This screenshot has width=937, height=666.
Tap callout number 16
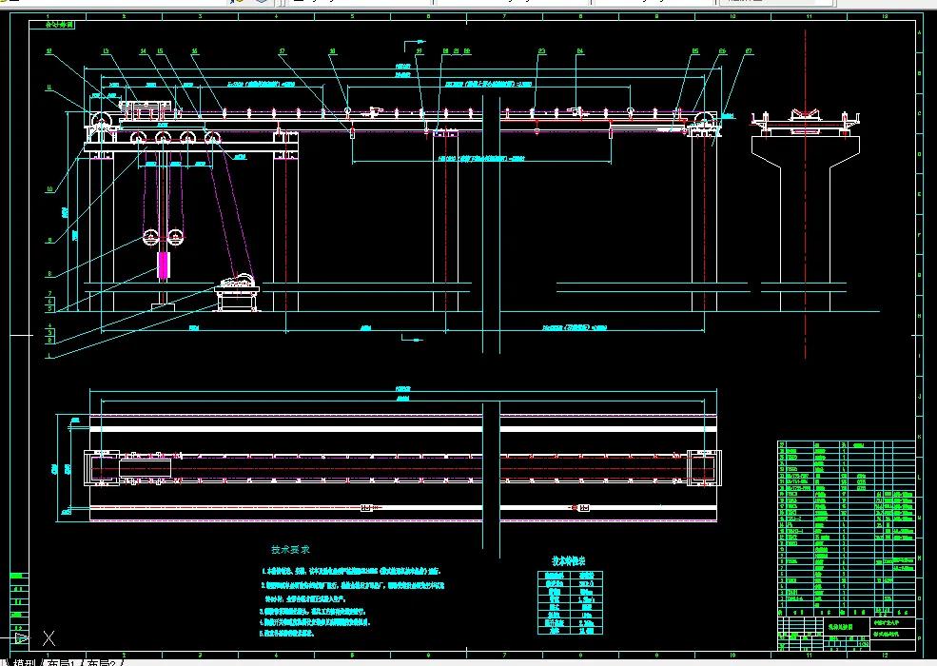[x=194, y=50]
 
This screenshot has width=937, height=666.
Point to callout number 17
[x=282, y=50]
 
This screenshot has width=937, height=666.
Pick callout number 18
[x=332, y=50]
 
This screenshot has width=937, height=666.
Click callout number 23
[x=541, y=50]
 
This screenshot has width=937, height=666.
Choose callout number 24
[x=579, y=50]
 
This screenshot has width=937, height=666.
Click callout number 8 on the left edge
[x=49, y=275]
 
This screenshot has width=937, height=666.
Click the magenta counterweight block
[x=162, y=264]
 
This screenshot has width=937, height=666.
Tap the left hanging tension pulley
[x=149, y=236]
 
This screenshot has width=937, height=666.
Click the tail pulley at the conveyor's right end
[x=705, y=121]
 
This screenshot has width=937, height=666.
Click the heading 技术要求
[x=290, y=550]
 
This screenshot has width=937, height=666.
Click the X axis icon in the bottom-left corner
[x=49, y=638]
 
